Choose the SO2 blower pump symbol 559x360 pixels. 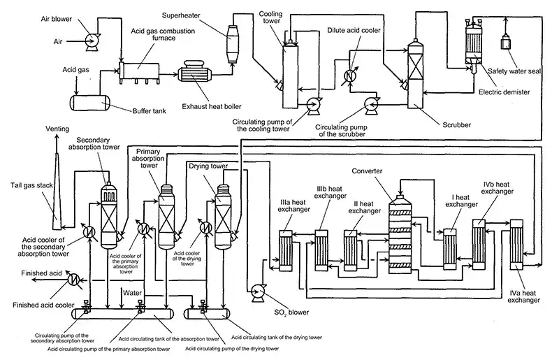(x=256, y=289)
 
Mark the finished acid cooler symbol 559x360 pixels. (x=72, y=278)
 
